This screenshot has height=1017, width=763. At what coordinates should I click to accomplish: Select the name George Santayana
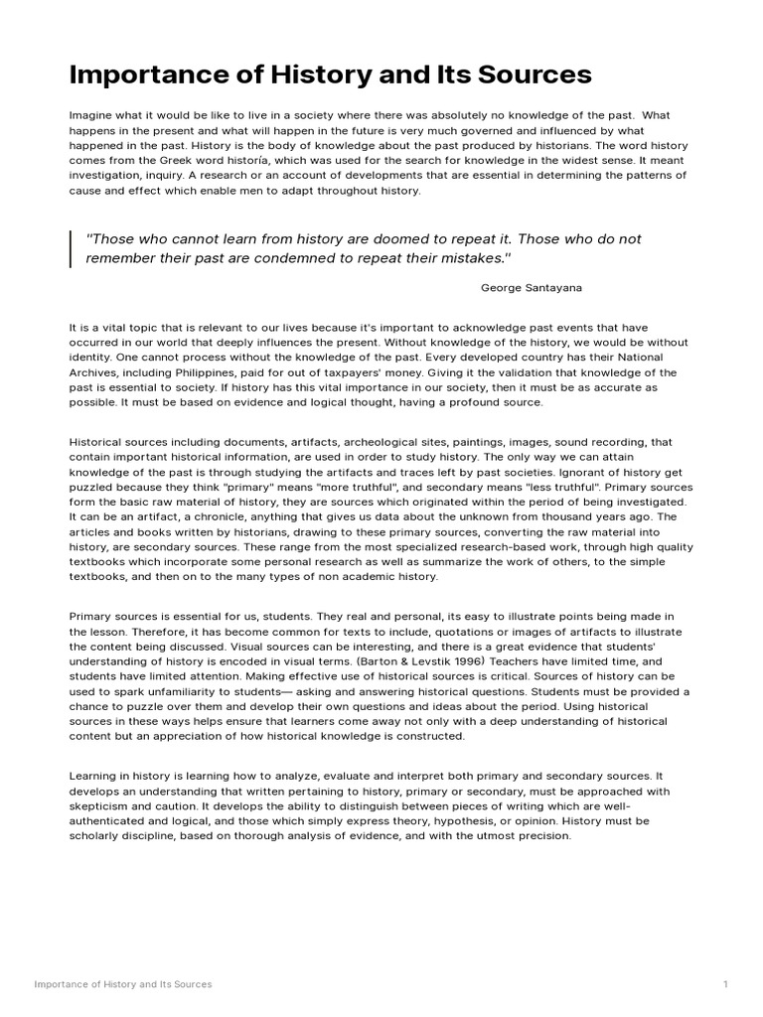(532, 287)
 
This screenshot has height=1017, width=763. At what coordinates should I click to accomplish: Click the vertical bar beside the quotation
(72, 248)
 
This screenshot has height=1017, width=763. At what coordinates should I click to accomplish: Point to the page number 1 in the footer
(727, 984)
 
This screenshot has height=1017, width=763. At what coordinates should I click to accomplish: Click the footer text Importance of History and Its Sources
(123, 984)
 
